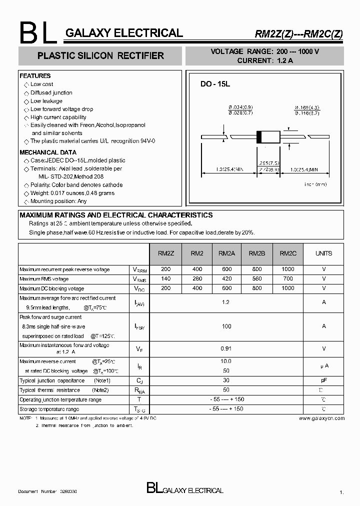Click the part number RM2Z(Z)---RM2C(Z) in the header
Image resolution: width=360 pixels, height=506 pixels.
coord(299,34)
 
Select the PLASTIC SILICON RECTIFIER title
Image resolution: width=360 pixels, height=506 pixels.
coord(101,56)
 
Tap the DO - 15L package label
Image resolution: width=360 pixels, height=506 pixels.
coord(215,84)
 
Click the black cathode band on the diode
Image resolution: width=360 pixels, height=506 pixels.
coord(259,137)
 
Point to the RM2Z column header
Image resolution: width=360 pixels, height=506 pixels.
coord(166,253)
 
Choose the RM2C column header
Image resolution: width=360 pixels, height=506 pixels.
coord(288,253)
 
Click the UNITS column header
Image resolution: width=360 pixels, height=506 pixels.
coord(323,253)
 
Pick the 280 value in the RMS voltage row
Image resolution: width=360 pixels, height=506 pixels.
coord(197,279)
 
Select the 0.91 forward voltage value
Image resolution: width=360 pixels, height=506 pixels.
coord(226,348)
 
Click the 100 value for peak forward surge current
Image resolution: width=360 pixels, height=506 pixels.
coord(226,326)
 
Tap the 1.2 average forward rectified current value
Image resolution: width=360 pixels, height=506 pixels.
coord(226,302)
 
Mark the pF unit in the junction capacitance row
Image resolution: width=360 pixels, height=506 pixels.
coord(323,380)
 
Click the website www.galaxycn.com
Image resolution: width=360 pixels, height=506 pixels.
coord(321,417)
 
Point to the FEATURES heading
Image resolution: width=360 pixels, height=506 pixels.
coord(35,76)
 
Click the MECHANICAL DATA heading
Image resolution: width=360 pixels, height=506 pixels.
coord(48,152)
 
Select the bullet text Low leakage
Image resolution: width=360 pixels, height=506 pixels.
coord(46,101)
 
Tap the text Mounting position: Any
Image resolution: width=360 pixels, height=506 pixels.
coord(58,201)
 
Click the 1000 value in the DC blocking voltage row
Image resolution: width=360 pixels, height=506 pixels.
coord(288,288)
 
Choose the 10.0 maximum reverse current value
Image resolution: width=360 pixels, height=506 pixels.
coord(226,361)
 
